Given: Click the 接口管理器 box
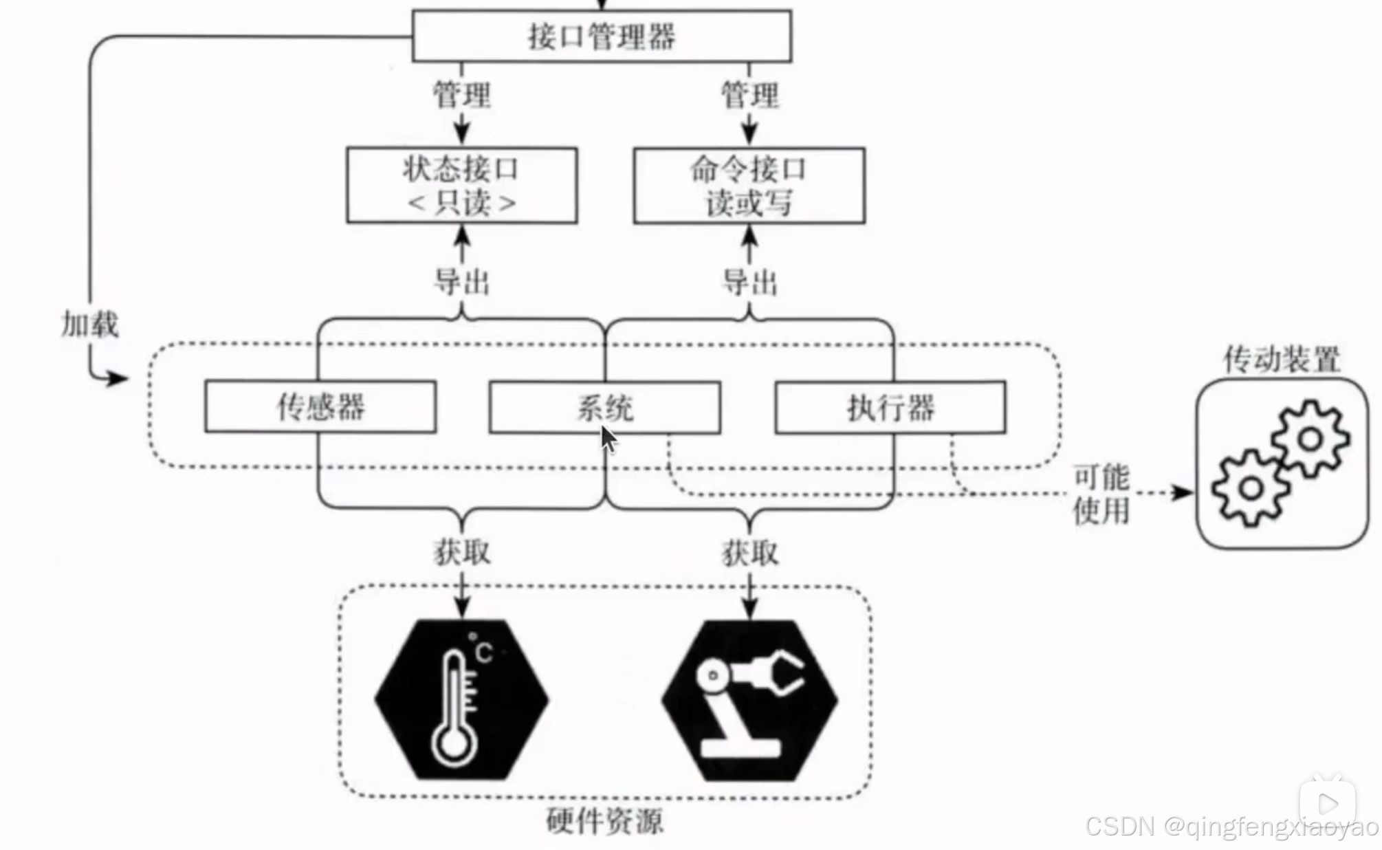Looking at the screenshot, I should pos(602,36).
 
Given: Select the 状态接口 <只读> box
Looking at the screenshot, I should pos(461,185).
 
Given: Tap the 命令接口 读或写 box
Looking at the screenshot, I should pos(749,185).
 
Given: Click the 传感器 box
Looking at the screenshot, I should pos(320,407).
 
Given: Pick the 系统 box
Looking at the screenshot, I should pos(604,408).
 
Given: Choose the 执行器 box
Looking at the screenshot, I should pos(890,408).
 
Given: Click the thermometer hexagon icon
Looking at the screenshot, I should pos(461,699).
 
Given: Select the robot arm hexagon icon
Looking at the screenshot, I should pos(749,699).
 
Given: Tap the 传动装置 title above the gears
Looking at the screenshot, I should pos(1282,360).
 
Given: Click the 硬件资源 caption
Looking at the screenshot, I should pos(605,821).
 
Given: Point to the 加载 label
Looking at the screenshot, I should pos(90,324).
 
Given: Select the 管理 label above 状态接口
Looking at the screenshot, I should pos(462,94).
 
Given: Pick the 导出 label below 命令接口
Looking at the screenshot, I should pos(749,282).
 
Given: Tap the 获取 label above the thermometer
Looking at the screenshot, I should pos(462,552).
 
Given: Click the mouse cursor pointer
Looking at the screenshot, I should pos(608,439).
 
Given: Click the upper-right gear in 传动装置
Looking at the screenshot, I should pos(1310,439).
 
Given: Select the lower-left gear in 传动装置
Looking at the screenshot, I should pos(1251,488).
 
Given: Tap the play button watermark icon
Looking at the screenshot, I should pos(1328,803).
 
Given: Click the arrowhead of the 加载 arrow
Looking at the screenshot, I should pos(118,378).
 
